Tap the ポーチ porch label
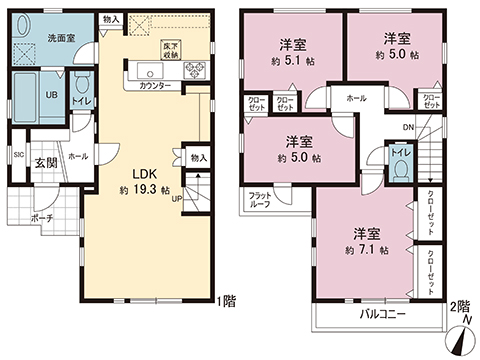41,217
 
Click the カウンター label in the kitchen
154,87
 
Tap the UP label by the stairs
177,197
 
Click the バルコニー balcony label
382,314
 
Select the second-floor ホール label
355,99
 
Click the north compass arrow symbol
462,337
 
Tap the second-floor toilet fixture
401,167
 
